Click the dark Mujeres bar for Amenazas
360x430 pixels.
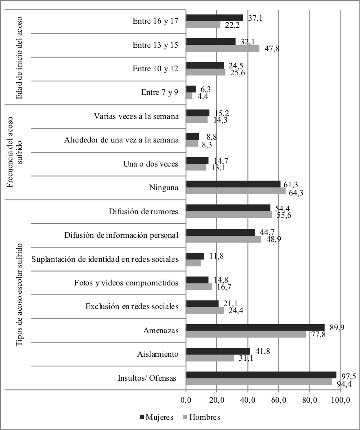(x=255, y=327)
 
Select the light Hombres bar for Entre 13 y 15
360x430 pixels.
(x=223, y=48)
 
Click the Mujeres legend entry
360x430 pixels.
(x=157, y=417)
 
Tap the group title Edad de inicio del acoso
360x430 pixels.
(x=18, y=57)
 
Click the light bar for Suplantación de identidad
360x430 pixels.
(x=193, y=263)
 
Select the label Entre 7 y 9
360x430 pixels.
(x=159, y=92)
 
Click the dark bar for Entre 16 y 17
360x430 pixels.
(x=214, y=18)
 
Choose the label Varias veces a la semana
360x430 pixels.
(x=133, y=116)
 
